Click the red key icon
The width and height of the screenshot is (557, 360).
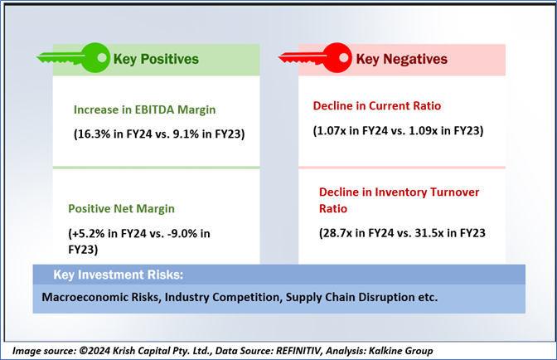click(316, 58)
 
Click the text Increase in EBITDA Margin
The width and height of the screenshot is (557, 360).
click(150, 109)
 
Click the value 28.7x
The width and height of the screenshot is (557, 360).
click(341, 234)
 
